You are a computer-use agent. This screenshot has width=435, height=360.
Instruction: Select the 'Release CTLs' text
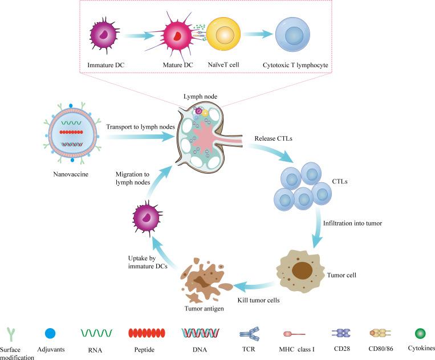pyautogui.click(x=266, y=138)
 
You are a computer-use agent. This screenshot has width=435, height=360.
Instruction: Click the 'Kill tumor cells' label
pyautogui.click(x=260, y=298)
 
